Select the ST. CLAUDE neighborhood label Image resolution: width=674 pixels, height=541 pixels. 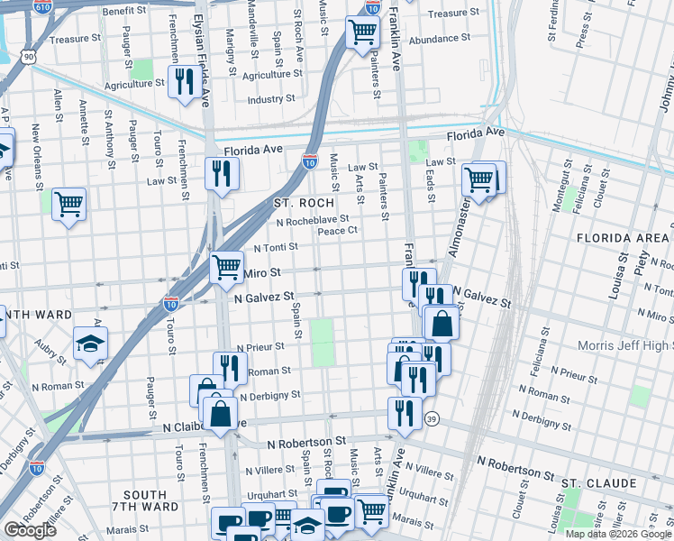pos(599,483)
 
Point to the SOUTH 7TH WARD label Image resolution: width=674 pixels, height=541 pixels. pos(144,501)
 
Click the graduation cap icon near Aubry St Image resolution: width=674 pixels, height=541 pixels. pos(90,344)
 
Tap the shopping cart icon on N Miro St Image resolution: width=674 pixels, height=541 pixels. pos(226,267)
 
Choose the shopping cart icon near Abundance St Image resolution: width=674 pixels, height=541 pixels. pos(362,32)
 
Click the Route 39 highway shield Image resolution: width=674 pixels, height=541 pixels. pos(433,419)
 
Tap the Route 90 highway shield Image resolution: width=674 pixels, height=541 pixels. pos(30,57)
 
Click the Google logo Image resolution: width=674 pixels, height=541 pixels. pos(30,529)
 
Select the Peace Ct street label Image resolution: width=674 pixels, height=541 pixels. pos(339,231)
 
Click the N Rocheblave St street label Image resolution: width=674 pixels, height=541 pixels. pos(313,219)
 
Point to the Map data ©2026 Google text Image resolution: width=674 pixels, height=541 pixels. pos(617,534)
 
